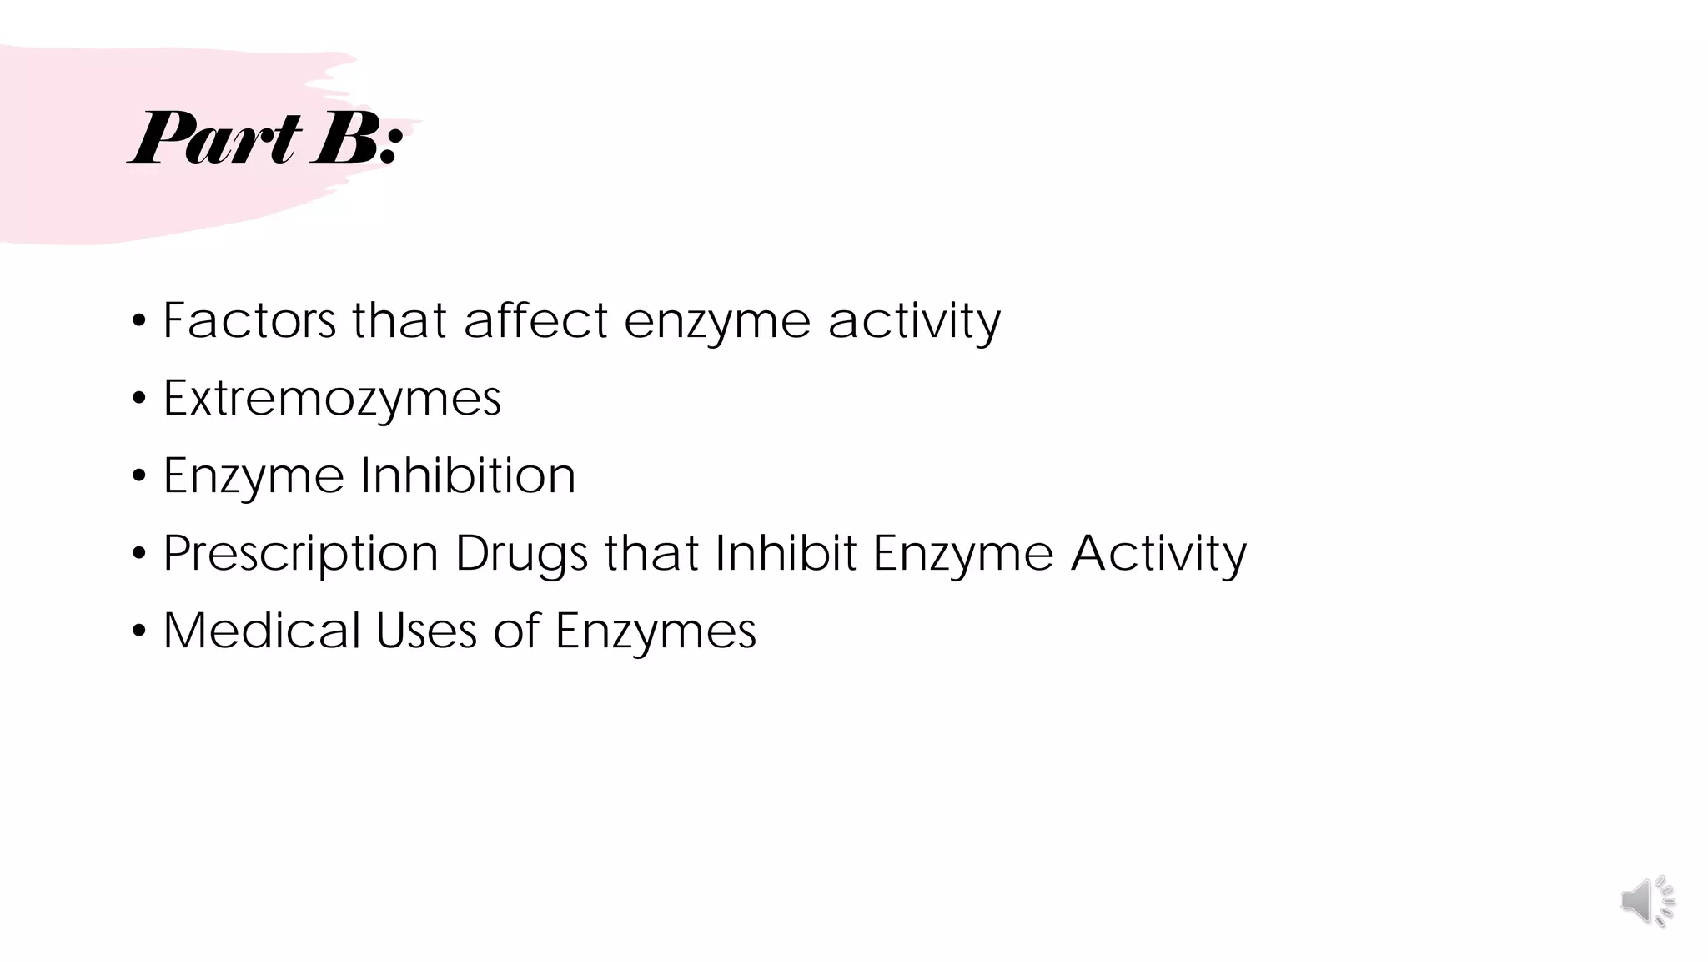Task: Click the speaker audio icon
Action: (x=1647, y=901)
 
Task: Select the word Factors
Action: (x=249, y=320)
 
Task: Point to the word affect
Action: (x=535, y=320)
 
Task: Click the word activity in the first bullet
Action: (x=914, y=322)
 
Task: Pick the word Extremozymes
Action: (x=332, y=398)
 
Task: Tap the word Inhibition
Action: (x=467, y=475)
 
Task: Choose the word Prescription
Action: (x=300, y=554)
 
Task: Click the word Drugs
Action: (x=521, y=554)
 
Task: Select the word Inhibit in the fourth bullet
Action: (x=786, y=552)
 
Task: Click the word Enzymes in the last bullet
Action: (x=656, y=631)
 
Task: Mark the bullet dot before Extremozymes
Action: (x=138, y=399)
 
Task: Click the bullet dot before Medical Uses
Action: (x=138, y=631)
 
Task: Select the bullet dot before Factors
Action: (x=138, y=321)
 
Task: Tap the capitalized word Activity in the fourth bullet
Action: (x=1158, y=554)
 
